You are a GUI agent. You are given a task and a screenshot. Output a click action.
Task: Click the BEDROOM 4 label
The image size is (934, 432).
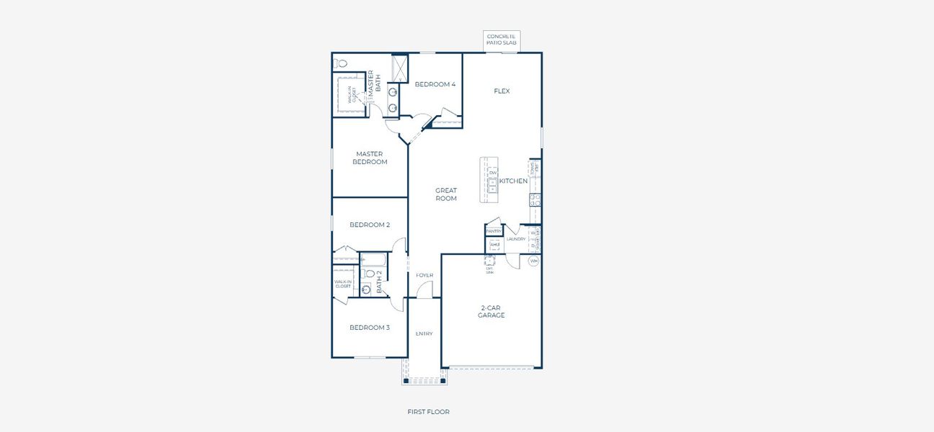[435, 84]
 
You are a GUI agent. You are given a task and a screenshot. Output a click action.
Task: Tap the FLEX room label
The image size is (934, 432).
[502, 91]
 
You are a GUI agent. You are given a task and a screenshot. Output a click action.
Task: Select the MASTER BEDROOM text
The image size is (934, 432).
[370, 158]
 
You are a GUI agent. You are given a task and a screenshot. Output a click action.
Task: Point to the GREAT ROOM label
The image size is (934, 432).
[446, 194]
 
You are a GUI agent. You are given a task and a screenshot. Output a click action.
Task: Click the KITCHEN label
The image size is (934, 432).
[514, 181]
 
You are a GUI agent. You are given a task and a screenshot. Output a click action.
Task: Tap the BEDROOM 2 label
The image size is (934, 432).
[370, 225]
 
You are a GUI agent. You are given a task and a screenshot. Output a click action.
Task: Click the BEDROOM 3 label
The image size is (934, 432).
[370, 328]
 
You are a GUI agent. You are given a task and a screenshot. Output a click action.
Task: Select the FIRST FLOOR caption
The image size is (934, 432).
[428, 412]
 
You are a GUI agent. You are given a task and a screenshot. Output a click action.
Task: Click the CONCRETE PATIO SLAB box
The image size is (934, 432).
[502, 40]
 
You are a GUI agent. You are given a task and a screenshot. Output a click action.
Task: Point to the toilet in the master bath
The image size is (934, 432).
[340, 63]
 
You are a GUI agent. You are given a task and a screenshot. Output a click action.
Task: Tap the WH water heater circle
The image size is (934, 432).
[534, 261]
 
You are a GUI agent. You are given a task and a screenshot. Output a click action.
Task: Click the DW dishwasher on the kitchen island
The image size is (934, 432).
[493, 173]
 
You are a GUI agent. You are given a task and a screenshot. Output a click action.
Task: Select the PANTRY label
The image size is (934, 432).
[494, 231]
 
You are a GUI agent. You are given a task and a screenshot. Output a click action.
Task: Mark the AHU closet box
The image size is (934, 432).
[494, 245]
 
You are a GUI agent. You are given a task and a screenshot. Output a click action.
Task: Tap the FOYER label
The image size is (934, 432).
[424, 275]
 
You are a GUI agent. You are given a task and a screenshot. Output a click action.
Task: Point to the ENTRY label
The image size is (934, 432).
[424, 333]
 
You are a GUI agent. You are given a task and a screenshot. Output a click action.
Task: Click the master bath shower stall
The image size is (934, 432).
[400, 68]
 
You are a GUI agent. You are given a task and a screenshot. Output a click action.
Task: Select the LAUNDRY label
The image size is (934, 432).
[516, 239]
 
